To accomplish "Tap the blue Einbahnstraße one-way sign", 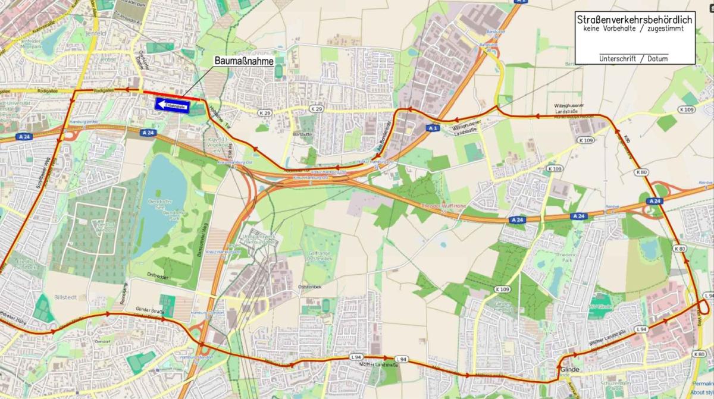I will (x=172, y=104).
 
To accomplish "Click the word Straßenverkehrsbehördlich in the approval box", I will (x=634, y=20).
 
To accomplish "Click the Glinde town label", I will (x=569, y=369).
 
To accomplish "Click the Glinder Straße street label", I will (x=149, y=310).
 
